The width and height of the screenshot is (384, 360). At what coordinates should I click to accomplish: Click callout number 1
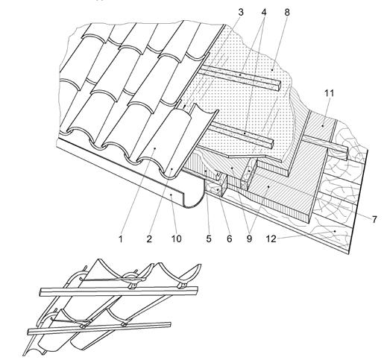click(x=121, y=239)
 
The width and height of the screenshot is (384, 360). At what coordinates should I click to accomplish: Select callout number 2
click(x=149, y=239)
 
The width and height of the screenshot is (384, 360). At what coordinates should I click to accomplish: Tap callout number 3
click(x=241, y=12)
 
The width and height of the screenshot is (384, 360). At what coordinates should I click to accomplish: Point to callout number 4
click(x=264, y=12)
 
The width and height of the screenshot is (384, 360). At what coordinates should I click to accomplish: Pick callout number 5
click(x=209, y=239)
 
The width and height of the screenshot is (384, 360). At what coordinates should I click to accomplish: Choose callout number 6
click(x=230, y=239)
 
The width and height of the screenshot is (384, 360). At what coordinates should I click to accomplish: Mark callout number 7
click(x=374, y=219)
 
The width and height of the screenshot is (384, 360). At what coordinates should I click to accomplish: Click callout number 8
click(x=287, y=12)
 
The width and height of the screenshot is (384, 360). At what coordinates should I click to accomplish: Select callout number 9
click(x=249, y=239)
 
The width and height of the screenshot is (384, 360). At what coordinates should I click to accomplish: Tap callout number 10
click(x=177, y=239)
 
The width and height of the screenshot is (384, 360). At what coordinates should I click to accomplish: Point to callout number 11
click(x=329, y=93)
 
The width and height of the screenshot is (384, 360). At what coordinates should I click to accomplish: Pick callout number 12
click(x=271, y=239)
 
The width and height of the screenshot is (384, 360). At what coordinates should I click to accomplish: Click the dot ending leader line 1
click(x=154, y=148)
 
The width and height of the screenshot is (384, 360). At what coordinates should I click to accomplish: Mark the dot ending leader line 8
click(x=272, y=70)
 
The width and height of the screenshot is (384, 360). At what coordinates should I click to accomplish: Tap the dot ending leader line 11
click(x=323, y=126)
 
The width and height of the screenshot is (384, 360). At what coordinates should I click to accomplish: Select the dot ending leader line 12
click(x=335, y=231)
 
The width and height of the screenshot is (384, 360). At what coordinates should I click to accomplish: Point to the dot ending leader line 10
click(x=171, y=195)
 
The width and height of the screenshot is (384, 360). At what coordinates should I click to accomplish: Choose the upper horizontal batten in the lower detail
click(x=119, y=291)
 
